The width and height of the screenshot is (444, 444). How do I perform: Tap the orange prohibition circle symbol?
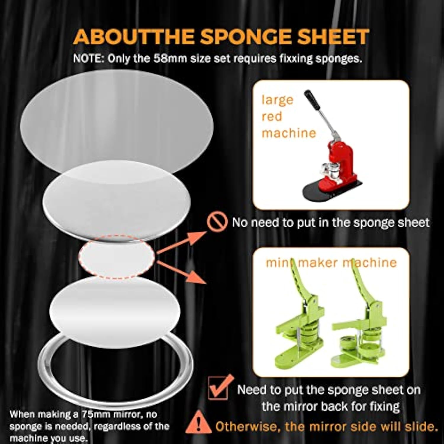217,222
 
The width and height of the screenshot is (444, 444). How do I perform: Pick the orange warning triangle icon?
199,422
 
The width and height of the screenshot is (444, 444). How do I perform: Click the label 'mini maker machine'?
331,263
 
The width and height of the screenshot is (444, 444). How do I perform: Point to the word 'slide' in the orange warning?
419,426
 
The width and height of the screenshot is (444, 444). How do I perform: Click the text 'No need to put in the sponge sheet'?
330,223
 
